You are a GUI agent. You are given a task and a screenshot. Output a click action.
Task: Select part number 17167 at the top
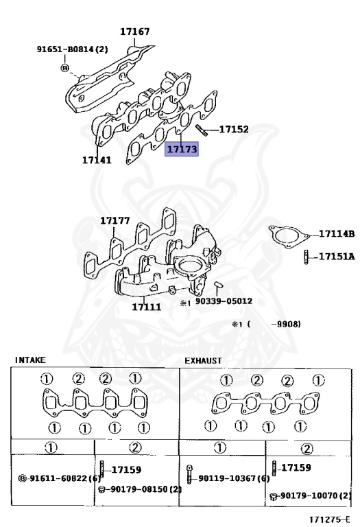click(134, 32)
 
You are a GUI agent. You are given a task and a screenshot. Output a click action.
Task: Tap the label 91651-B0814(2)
click(72, 49)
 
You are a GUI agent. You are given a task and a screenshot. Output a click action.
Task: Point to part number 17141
click(96, 159)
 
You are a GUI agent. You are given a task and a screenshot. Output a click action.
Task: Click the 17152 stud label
click(234, 129)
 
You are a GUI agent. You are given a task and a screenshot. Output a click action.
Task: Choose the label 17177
click(115, 220)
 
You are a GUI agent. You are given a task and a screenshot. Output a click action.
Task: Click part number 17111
click(147, 307)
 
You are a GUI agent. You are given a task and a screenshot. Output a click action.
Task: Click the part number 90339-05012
click(224, 301)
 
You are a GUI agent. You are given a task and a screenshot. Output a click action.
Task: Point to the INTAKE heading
click(29, 359)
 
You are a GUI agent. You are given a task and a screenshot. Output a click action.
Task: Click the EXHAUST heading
click(203, 360)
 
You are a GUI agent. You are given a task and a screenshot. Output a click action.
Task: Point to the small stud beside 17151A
click(303, 258)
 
